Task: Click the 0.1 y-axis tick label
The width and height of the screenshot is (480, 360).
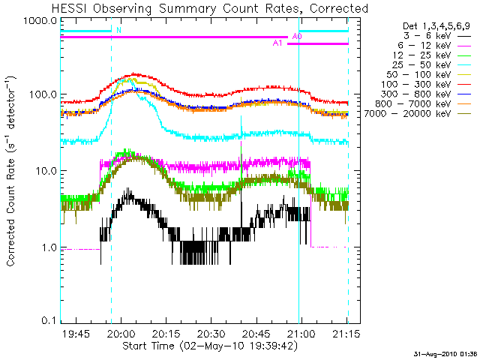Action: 49,321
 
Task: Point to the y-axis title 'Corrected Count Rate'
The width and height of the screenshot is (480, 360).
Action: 13,172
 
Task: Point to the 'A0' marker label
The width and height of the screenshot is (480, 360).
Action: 297,36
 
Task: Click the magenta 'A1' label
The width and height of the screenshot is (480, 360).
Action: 277,43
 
